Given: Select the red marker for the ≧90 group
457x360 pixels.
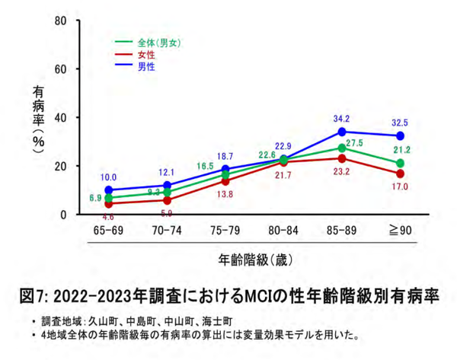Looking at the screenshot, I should pos(401,174).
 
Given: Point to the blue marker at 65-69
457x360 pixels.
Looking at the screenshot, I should pos(110,190).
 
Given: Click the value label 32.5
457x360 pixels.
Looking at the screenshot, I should pos(401,122).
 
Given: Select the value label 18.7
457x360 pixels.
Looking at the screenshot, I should pos(226,155).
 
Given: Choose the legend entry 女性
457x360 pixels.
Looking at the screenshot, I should pos(146,55).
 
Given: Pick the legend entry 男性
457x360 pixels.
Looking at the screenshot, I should pos(146,67).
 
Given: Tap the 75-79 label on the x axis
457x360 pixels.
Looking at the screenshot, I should pos(226,228).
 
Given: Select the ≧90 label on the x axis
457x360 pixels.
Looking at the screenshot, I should pos(401,228).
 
